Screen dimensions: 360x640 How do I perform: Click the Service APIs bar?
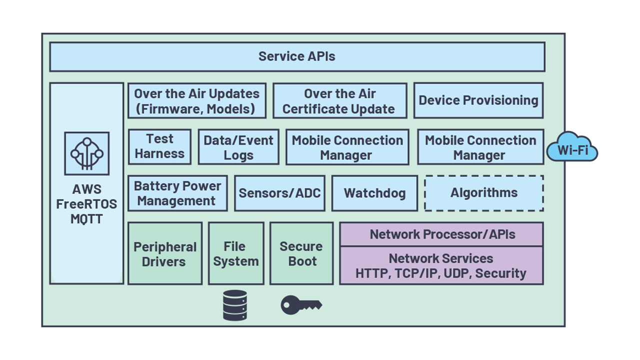tap(297, 56)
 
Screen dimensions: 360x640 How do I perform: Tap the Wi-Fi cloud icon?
tap(572, 148)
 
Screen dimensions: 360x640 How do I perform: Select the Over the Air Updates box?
tap(197, 101)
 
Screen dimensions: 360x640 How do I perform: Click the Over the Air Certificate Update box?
tap(339, 101)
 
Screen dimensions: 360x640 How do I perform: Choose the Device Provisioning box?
tap(478, 100)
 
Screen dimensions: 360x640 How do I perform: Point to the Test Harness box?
tap(159, 146)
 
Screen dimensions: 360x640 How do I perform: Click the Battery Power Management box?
tap(177, 193)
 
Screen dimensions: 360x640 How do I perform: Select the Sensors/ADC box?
tap(279, 193)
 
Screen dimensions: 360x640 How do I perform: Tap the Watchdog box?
tap(374, 193)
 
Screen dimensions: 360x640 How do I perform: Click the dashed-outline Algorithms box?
tap(484, 193)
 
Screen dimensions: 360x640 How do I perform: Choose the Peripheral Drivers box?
tap(165, 254)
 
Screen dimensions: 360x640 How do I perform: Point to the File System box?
tap(236, 254)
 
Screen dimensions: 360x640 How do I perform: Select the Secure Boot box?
tap(301, 254)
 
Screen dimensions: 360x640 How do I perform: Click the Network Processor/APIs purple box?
tap(441, 234)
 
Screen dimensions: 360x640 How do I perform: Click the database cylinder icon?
tap(235, 305)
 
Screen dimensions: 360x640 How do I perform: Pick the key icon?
tap(300, 304)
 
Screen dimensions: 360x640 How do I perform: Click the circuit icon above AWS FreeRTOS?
tap(86, 153)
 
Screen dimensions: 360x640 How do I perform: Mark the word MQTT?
tap(86, 219)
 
